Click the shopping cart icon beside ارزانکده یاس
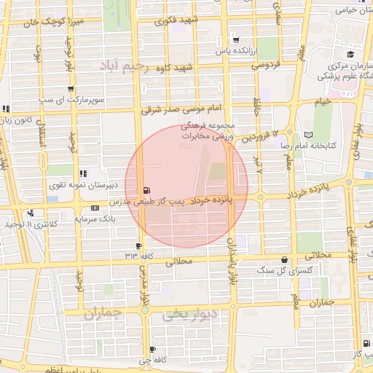(235, 39)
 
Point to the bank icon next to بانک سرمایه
(95, 208)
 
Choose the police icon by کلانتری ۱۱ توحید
(31, 213)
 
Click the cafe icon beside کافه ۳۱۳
(138, 246)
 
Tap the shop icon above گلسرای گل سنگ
(283, 260)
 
